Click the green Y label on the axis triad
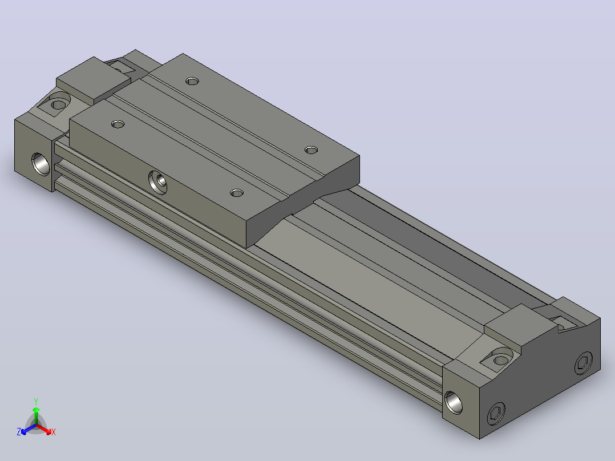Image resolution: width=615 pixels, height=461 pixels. [x=36, y=401]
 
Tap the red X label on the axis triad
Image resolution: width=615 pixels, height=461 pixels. [x=54, y=432]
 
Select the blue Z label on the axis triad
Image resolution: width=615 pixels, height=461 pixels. [x=18, y=431]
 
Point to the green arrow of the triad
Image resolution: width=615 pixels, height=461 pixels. [x=36, y=415]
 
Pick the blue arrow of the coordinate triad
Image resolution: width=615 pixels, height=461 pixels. [x=29, y=429]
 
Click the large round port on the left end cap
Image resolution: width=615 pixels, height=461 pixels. [x=41, y=164]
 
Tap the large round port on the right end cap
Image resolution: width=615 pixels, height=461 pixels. [x=454, y=403]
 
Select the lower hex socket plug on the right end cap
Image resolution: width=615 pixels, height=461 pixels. [x=496, y=414]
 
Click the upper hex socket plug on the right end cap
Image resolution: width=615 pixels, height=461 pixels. [x=584, y=363]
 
